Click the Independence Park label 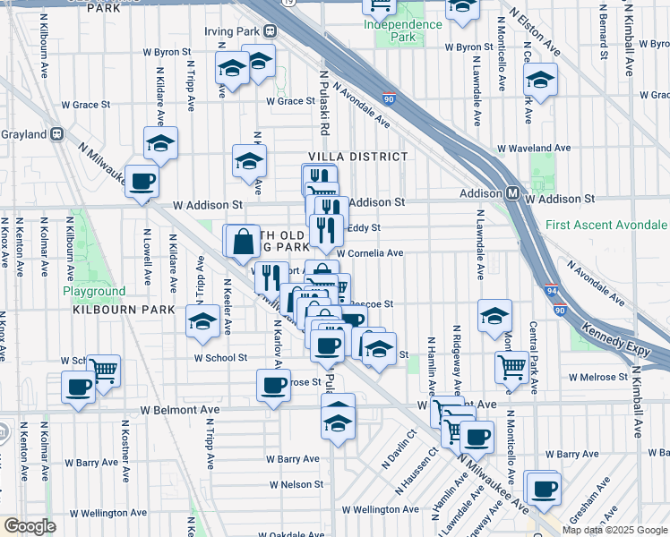(x=404, y=30)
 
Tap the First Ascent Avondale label (x=606, y=225)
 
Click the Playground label (x=94, y=292)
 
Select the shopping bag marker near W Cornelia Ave (x=242, y=241)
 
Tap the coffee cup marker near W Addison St (x=142, y=183)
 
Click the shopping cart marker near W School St (x=103, y=370)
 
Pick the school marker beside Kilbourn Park (x=203, y=321)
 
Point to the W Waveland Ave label (x=534, y=148)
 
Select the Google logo (x=30, y=526)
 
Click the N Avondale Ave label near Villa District (x=363, y=105)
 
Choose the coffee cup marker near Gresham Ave (x=544, y=489)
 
